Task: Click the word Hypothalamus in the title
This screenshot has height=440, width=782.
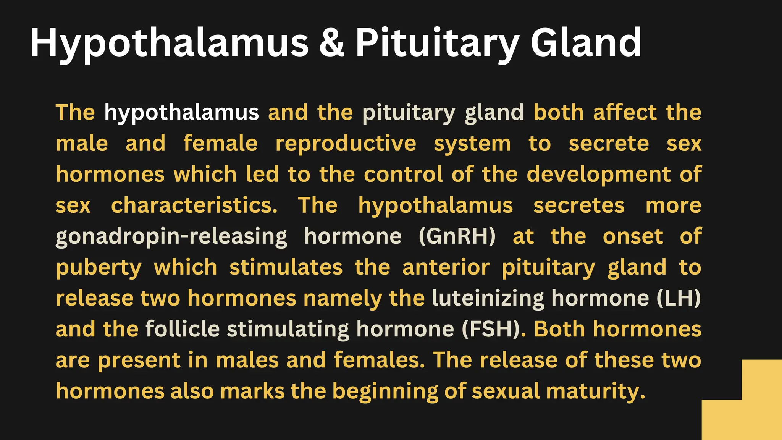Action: (169, 43)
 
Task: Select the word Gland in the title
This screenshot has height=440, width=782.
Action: (586, 43)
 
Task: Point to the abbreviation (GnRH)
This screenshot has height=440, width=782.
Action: (457, 236)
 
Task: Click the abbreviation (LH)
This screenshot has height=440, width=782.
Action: (679, 298)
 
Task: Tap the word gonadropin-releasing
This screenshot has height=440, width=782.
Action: (171, 237)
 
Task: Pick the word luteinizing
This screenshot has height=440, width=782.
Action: (488, 298)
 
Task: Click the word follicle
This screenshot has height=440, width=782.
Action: (183, 329)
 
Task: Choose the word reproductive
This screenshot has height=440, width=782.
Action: (346, 144)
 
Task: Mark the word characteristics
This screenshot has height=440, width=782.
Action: (194, 205)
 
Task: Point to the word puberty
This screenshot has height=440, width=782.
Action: (99, 268)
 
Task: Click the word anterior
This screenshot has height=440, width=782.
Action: (446, 267)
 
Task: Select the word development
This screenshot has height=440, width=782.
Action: (598, 175)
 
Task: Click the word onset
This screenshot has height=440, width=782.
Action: (633, 236)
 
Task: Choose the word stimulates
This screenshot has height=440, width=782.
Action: (286, 267)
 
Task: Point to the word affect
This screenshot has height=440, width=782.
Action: (625, 112)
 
